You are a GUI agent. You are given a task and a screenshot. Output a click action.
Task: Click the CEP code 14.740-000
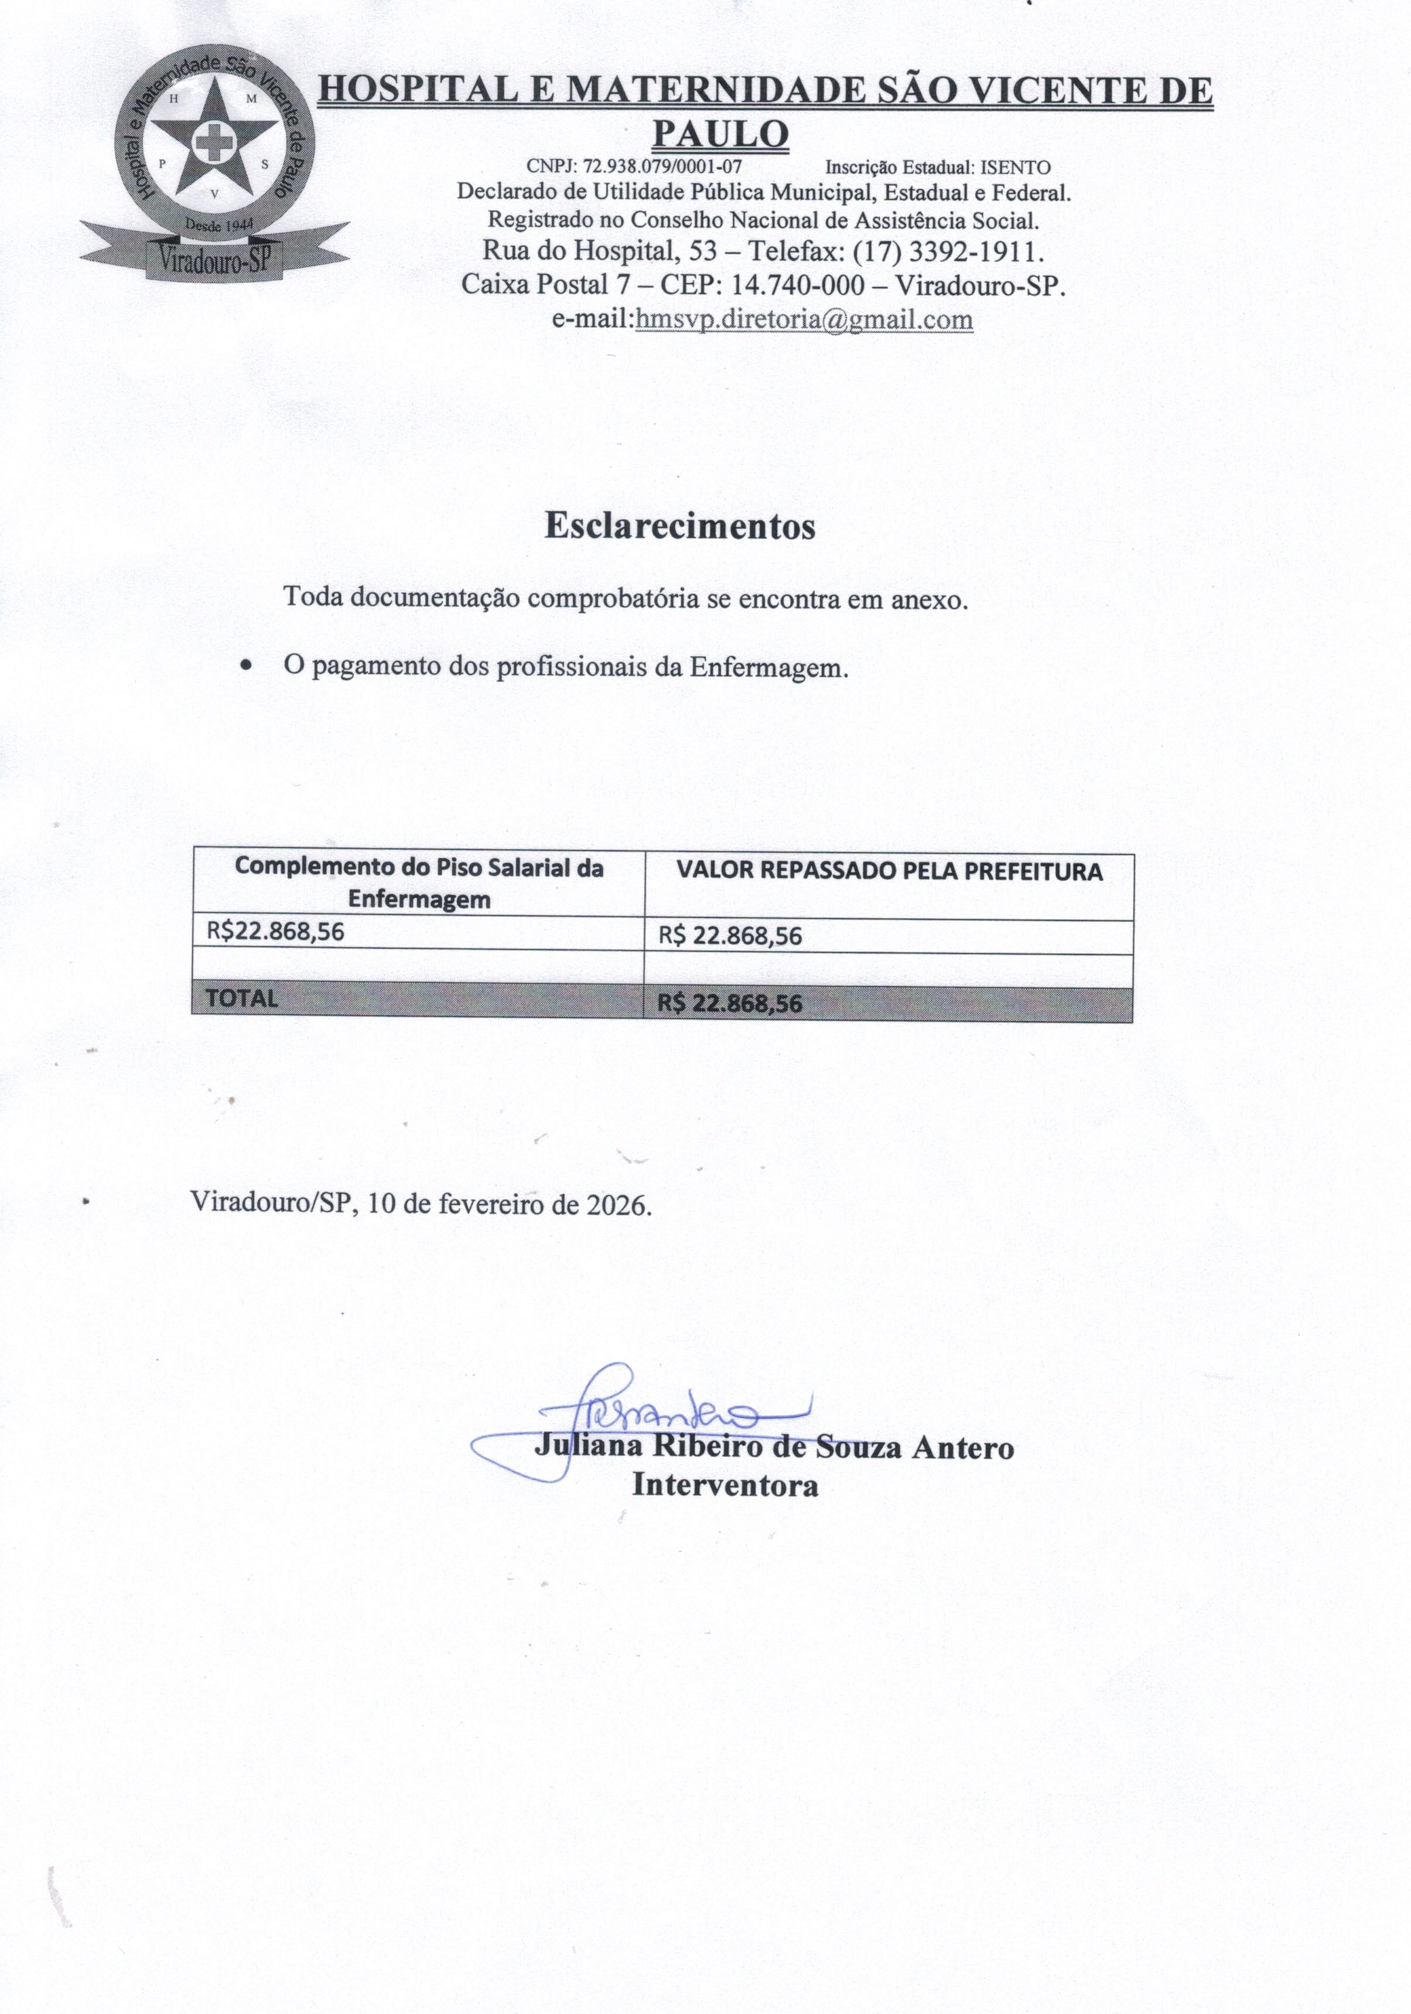pos(804,285)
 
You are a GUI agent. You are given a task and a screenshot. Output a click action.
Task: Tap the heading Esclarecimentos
pos(679,526)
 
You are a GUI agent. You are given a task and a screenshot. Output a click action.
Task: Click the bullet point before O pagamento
pos(247,667)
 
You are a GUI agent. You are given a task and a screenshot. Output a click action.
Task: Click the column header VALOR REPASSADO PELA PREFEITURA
pos(889,872)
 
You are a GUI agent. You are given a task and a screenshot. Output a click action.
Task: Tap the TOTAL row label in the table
pos(241,999)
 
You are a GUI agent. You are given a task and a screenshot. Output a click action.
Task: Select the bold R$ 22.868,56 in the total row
pos(730,1004)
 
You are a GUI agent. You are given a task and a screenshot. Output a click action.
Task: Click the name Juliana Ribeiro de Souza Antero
pos(774,1447)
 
